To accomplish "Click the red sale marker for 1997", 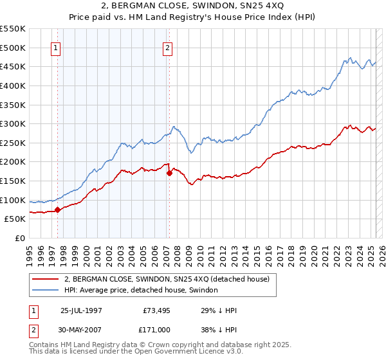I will pos(57,209).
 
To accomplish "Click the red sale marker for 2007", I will pos(169,172).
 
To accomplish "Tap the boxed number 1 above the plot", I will pos(55,47).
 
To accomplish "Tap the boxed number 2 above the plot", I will pos(167,47).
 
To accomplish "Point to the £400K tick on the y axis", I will pos(13,85).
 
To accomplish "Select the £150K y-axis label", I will pos(13,181).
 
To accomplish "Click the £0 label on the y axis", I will pos(19,238).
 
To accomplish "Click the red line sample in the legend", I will pos(45,278).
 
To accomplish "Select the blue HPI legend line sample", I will pos(45,290).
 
